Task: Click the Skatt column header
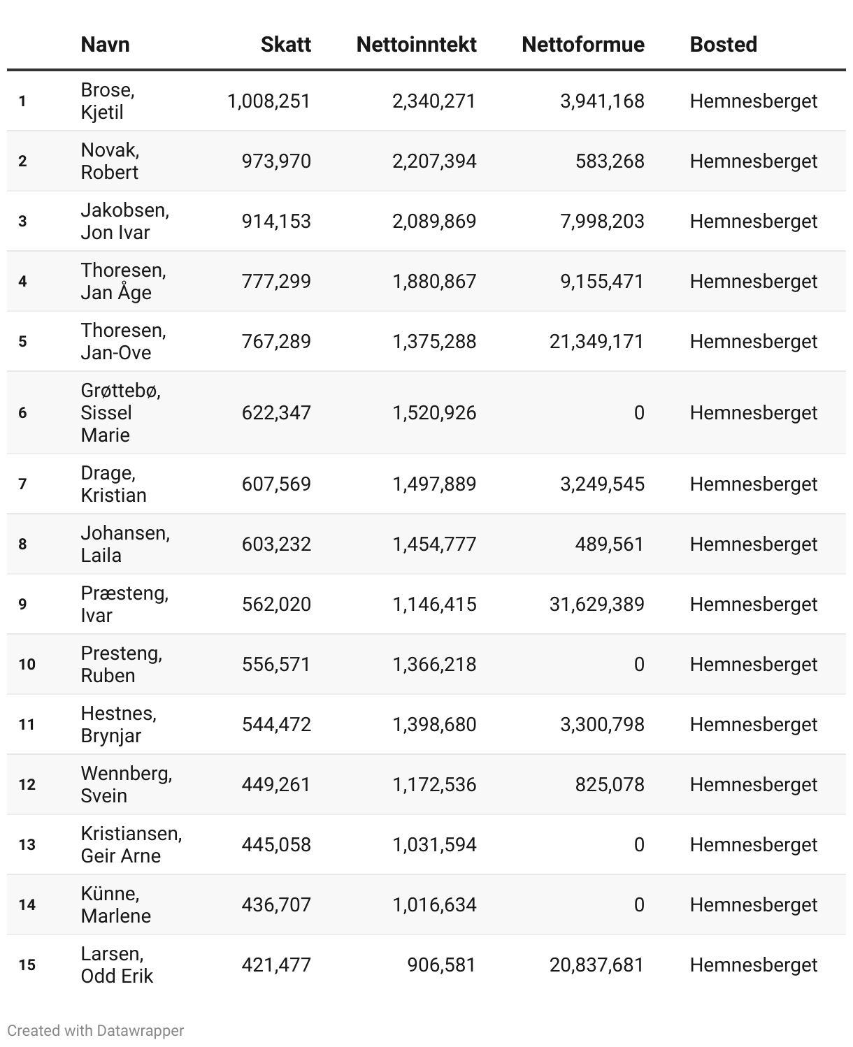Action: pos(285,45)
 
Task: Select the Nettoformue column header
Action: pos(582,45)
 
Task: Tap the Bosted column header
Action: pos(723,45)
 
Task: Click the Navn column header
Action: pos(105,45)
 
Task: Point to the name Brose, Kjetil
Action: pos(108,101)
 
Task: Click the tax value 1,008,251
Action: pos(268,101)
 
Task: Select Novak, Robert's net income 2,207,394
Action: pos(433,161)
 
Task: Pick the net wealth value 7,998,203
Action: pos(602,222)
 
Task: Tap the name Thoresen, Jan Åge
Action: pos(123,282)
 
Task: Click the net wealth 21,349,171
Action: pos(596,342)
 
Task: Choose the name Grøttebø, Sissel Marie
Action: pos(120,413)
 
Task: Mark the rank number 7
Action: pos(22,484)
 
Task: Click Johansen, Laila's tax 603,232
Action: pos(276,544)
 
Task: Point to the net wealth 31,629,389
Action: pos(596,605)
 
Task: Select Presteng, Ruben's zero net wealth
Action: pos(638,665)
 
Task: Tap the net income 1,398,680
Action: pos(433,725)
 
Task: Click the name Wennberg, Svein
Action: pos(126,785)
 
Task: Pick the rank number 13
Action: pos(27,845)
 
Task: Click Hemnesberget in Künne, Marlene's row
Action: pos(753,905)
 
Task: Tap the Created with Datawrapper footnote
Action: pos(96,1031)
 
